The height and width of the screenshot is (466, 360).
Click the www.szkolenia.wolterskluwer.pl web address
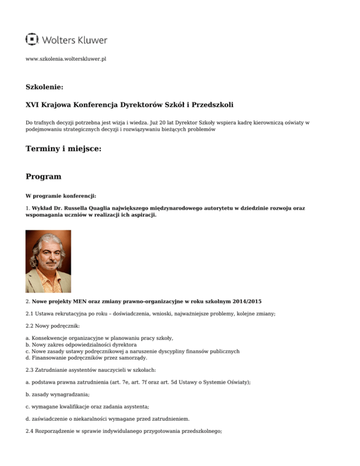click(66, 60)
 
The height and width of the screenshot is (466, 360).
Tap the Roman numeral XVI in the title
click(33, 104)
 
